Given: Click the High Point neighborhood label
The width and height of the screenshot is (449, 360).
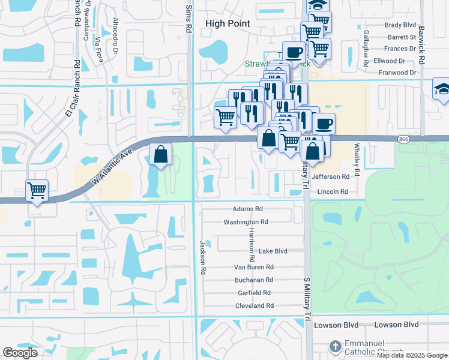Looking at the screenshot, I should (x=228, y=23).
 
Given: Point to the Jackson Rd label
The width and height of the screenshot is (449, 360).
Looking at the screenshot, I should (x=203, y=258).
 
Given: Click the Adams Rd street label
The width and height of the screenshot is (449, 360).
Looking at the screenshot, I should (x=248, y=209).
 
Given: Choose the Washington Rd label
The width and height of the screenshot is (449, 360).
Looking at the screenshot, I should (x=245, y=221).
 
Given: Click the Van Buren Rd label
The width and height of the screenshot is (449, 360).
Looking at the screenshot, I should (x=253, y=267).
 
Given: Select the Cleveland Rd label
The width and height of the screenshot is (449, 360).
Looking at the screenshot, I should (x=254, y=305).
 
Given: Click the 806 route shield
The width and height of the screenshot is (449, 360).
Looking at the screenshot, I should (x=404, y=139).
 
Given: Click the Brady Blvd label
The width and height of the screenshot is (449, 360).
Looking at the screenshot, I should (x=400, y=25).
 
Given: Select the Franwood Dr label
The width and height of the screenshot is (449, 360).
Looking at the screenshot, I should (x=396, y=73).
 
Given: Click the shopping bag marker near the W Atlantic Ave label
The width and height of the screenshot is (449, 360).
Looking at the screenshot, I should (x=161, y=154).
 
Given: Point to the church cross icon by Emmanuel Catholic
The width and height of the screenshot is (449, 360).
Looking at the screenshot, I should (x=336, y=346).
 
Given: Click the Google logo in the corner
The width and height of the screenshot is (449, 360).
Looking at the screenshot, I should (x=20, y=353).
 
